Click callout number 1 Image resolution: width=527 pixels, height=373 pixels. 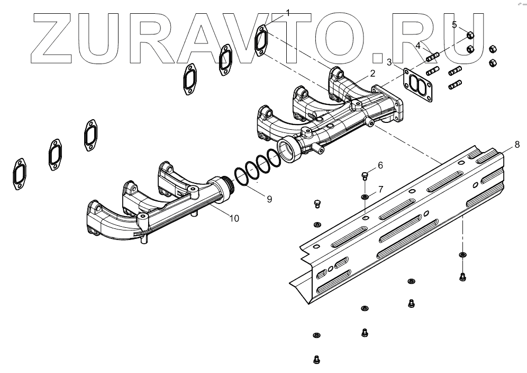click(288, 12)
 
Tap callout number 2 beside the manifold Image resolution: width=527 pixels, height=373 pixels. click(372, 73)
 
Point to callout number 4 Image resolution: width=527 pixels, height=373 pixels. click(418, 46)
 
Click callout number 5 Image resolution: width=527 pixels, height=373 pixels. click(455, 24)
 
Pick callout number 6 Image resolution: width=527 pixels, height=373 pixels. click(380, 166)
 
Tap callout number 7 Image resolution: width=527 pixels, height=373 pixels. click(380, 190)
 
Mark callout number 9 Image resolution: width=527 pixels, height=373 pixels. click(269, 199)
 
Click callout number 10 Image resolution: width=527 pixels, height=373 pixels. click(233, 218)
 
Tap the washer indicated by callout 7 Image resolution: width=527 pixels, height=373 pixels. click(365, 197)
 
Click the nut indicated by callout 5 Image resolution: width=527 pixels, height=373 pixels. click(470, 36)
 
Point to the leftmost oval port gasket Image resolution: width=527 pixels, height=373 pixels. click(19, 174)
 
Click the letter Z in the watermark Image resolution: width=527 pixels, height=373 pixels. click(52, 37)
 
